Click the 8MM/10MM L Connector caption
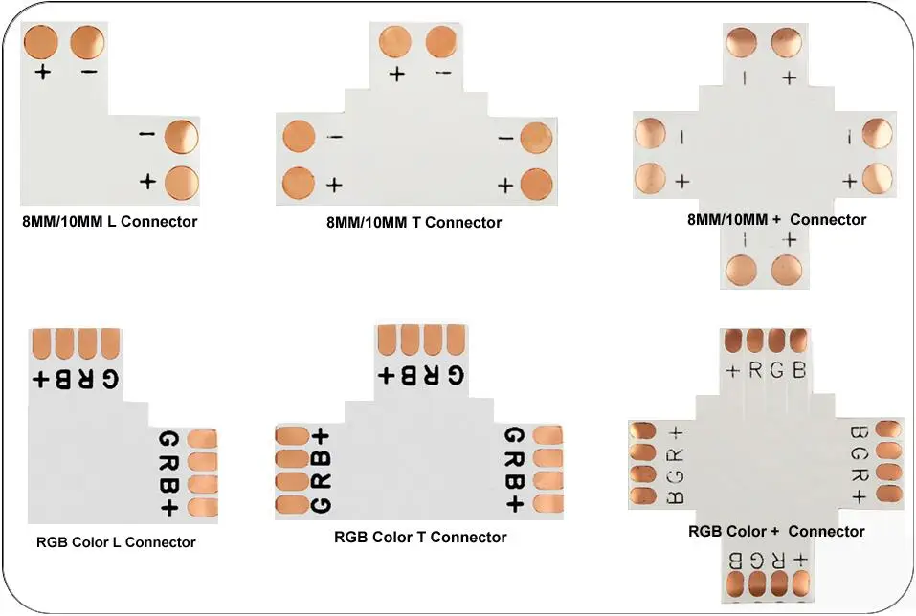click(109, 222)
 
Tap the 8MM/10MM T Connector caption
click(413, 223)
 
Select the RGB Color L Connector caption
click(116, 542)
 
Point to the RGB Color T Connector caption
click(420, 538)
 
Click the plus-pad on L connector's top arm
click(41, 42)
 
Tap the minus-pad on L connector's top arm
click(88, 42)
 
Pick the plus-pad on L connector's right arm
click(182, 181)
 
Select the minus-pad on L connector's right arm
click(182, 136)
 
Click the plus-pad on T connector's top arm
click(395, 43)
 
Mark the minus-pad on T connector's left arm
click(299, 137)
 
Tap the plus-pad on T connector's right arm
click(538, 183)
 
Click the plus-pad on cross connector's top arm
click(788, 44)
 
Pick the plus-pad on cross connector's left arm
click(651, 179)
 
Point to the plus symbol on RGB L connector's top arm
click(41, 378)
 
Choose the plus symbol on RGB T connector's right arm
click(514, 503)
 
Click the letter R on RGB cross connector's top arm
click(755, 370)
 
